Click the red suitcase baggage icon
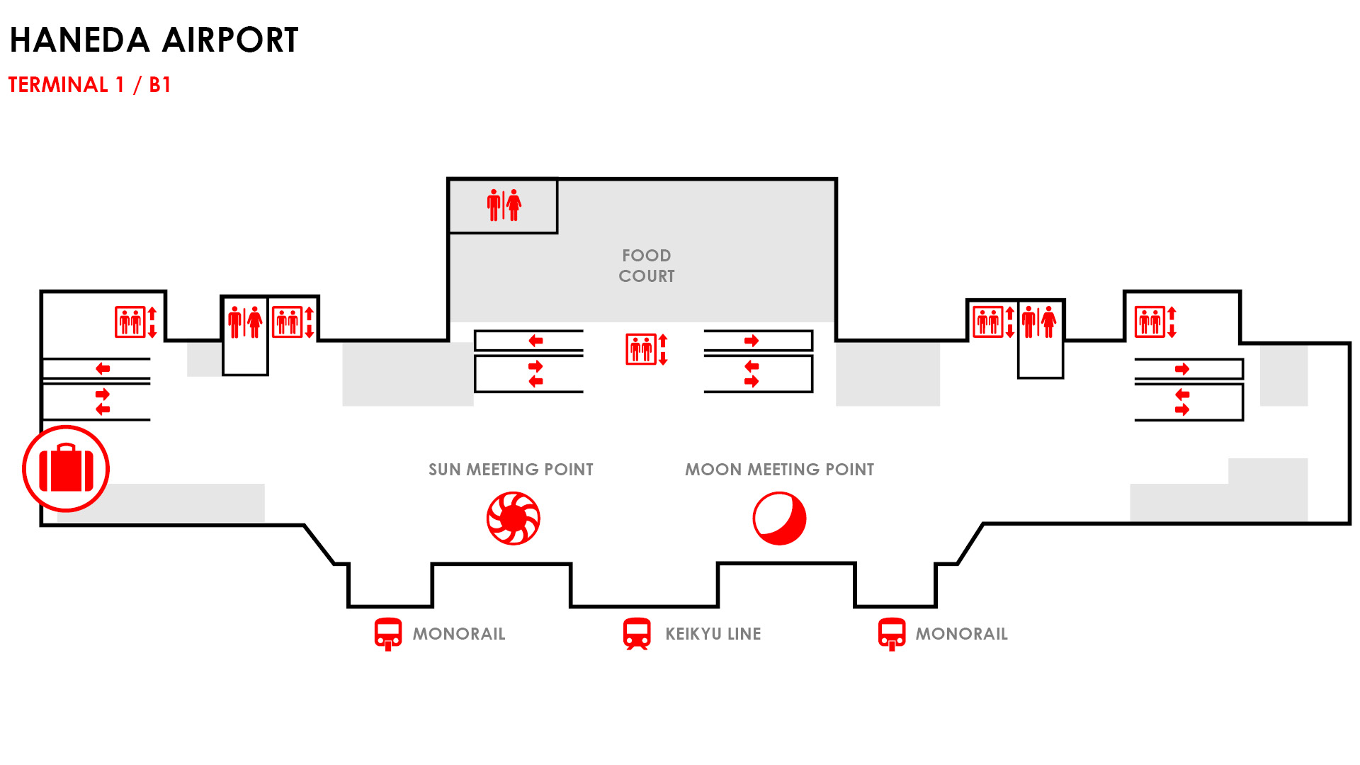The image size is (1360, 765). click(66, 468)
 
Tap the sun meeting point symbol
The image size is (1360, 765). click(514, 518)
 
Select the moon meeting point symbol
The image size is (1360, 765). click(779, 518)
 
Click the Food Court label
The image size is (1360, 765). click(646, 266)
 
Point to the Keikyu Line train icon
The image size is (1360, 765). click(637, 634)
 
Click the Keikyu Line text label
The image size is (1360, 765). click(713, 634)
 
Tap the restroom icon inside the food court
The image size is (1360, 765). click(504, 205)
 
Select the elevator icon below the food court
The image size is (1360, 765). click(647, 349)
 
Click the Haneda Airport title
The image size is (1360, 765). click(154, 40)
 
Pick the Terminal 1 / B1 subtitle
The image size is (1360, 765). click(89, 85)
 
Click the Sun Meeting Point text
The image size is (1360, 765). click(511, 470)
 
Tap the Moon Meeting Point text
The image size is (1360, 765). click(779, 470)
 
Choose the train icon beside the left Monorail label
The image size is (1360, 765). click(388, 634)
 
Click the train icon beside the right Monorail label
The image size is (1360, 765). click(892, 634)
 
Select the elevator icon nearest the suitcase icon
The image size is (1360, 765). click(136, 322)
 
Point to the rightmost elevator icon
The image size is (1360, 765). click(1155, 322)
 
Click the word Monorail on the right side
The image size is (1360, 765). click(961, 634)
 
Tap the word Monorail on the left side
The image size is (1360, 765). click(459, 634)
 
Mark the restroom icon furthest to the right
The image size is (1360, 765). click(1039, 322)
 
